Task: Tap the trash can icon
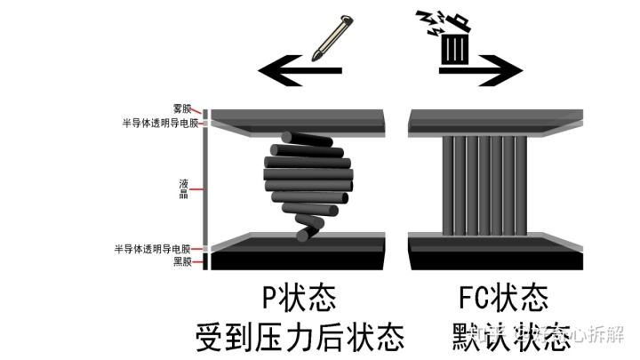tap(453, 40)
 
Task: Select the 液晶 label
tap(183, 188)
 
